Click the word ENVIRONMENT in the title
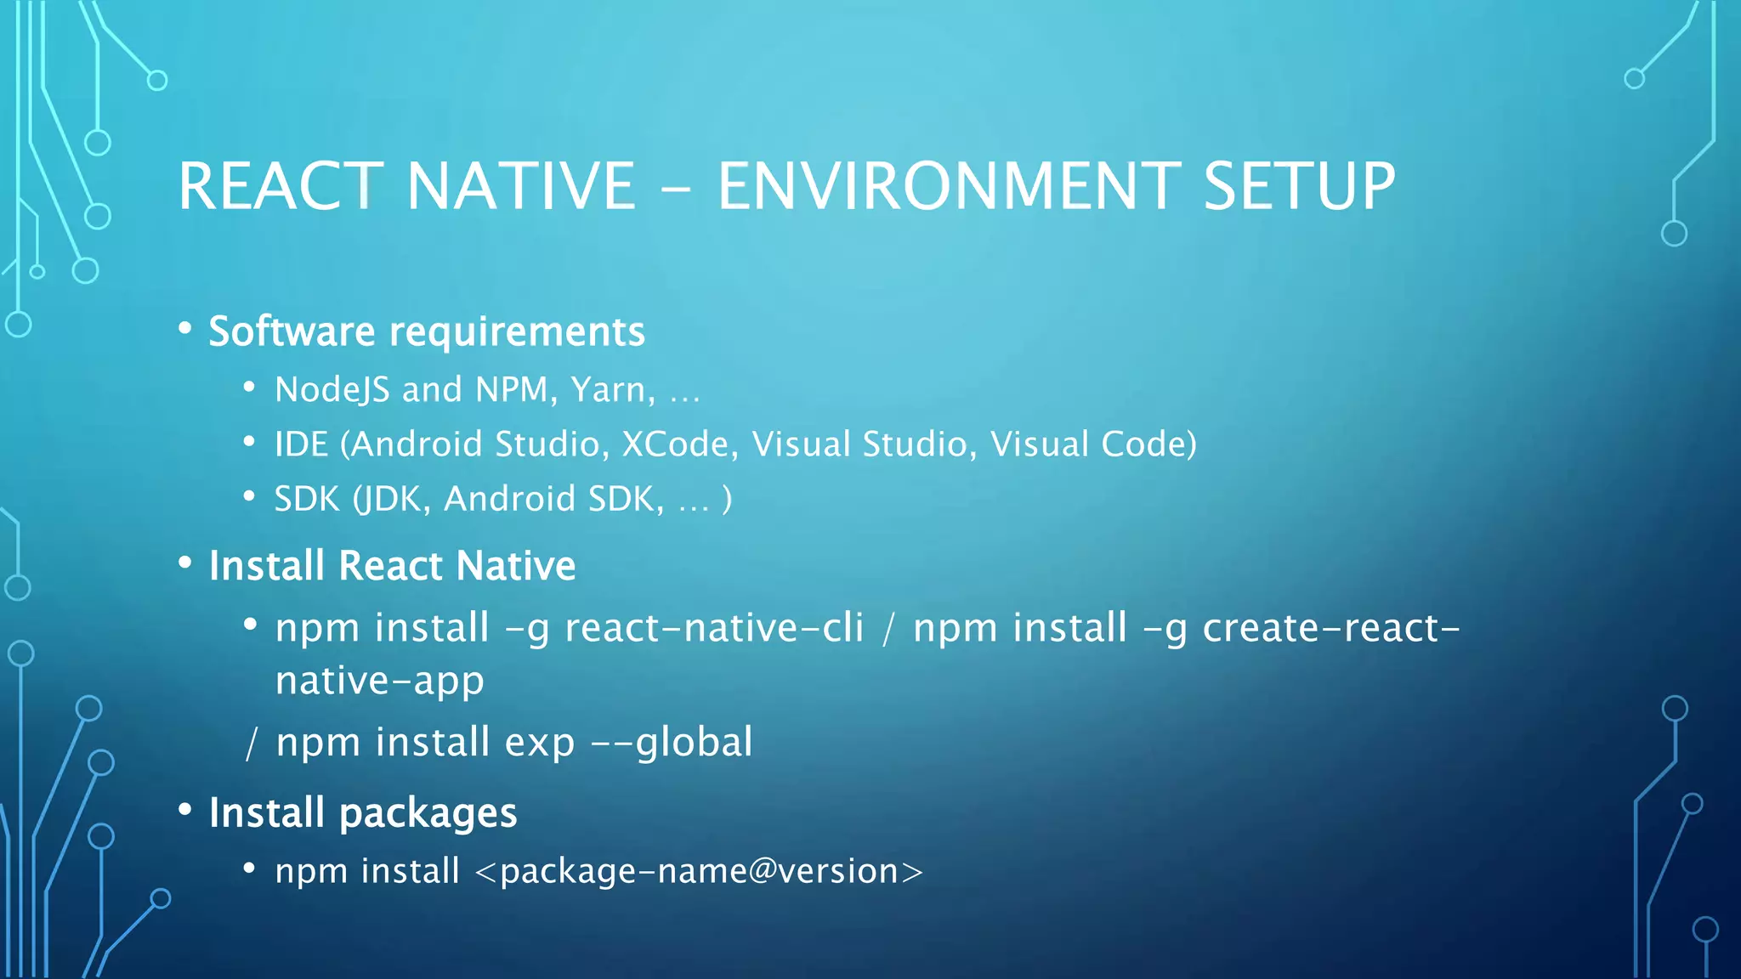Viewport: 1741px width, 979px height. click(948, 186)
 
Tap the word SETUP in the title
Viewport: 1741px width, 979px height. click(1299, 186)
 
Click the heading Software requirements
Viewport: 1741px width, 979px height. click(427, 331)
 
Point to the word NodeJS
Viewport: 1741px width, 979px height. click(332, 390)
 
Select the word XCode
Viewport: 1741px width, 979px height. click(680, 444)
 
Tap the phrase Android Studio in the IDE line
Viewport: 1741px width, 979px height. click(479, 444)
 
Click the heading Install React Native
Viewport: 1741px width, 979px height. click(392, 566)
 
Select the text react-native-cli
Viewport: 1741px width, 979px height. click(714, 628)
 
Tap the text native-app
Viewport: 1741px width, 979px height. click(380, 681)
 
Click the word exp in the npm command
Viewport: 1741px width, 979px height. click(540, 742)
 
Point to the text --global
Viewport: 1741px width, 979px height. click(672, 742)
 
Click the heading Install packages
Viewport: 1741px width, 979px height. click(363, 813)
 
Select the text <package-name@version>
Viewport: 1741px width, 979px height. click(699, 872)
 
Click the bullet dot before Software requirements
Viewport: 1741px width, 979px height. click(185, 328)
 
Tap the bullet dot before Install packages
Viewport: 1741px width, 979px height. click(185, 810)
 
